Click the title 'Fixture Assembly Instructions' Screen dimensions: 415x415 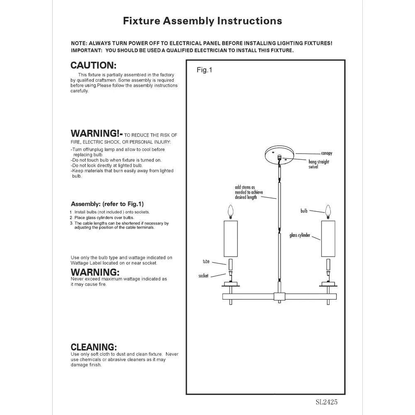point(203,21)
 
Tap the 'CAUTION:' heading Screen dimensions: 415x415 point(93,65)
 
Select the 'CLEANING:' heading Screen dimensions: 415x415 point(94,347)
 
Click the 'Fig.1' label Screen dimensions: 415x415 point(204,70)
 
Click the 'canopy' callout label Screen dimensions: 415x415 point(327,153)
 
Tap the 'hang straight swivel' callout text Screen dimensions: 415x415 point(318,164)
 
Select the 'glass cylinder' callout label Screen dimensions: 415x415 point(300,235)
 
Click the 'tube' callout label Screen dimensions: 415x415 point(206,262)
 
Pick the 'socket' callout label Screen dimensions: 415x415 point(203,276)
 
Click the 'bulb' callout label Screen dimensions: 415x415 point(304,211)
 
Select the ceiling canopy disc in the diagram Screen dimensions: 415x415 point(280,153)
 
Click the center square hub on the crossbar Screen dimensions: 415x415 point(280,296)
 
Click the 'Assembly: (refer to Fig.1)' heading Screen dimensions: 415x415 point(107,204)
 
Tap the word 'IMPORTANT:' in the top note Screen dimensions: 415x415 point(86,50)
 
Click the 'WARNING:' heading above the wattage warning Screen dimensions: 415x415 point(95,272)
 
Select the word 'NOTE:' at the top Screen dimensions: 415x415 point(78,43)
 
